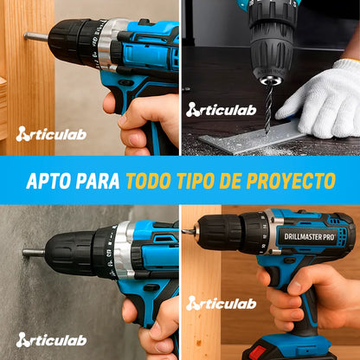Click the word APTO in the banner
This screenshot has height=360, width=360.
pos(48,181)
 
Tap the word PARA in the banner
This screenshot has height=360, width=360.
pos(98,181)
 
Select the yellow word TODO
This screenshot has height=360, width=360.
pos(148,181)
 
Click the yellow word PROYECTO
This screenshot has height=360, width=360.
pos(291,181)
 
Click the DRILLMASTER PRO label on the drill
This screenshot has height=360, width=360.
pos(310,237)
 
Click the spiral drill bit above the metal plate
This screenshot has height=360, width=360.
pos(269,109)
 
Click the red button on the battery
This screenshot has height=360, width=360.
pos(257,352)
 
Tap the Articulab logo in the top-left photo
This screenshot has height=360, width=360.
pos(51,134)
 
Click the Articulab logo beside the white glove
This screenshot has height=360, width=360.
pos(222,110)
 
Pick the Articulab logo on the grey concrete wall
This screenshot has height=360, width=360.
pos(51,340)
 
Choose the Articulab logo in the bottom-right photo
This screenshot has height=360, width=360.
pos(222,304)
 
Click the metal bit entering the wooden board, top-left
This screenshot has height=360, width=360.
pos(35,36)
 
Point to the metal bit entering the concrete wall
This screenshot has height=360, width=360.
pos(34,253)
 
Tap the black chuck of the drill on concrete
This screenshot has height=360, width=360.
pos(71,252)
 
